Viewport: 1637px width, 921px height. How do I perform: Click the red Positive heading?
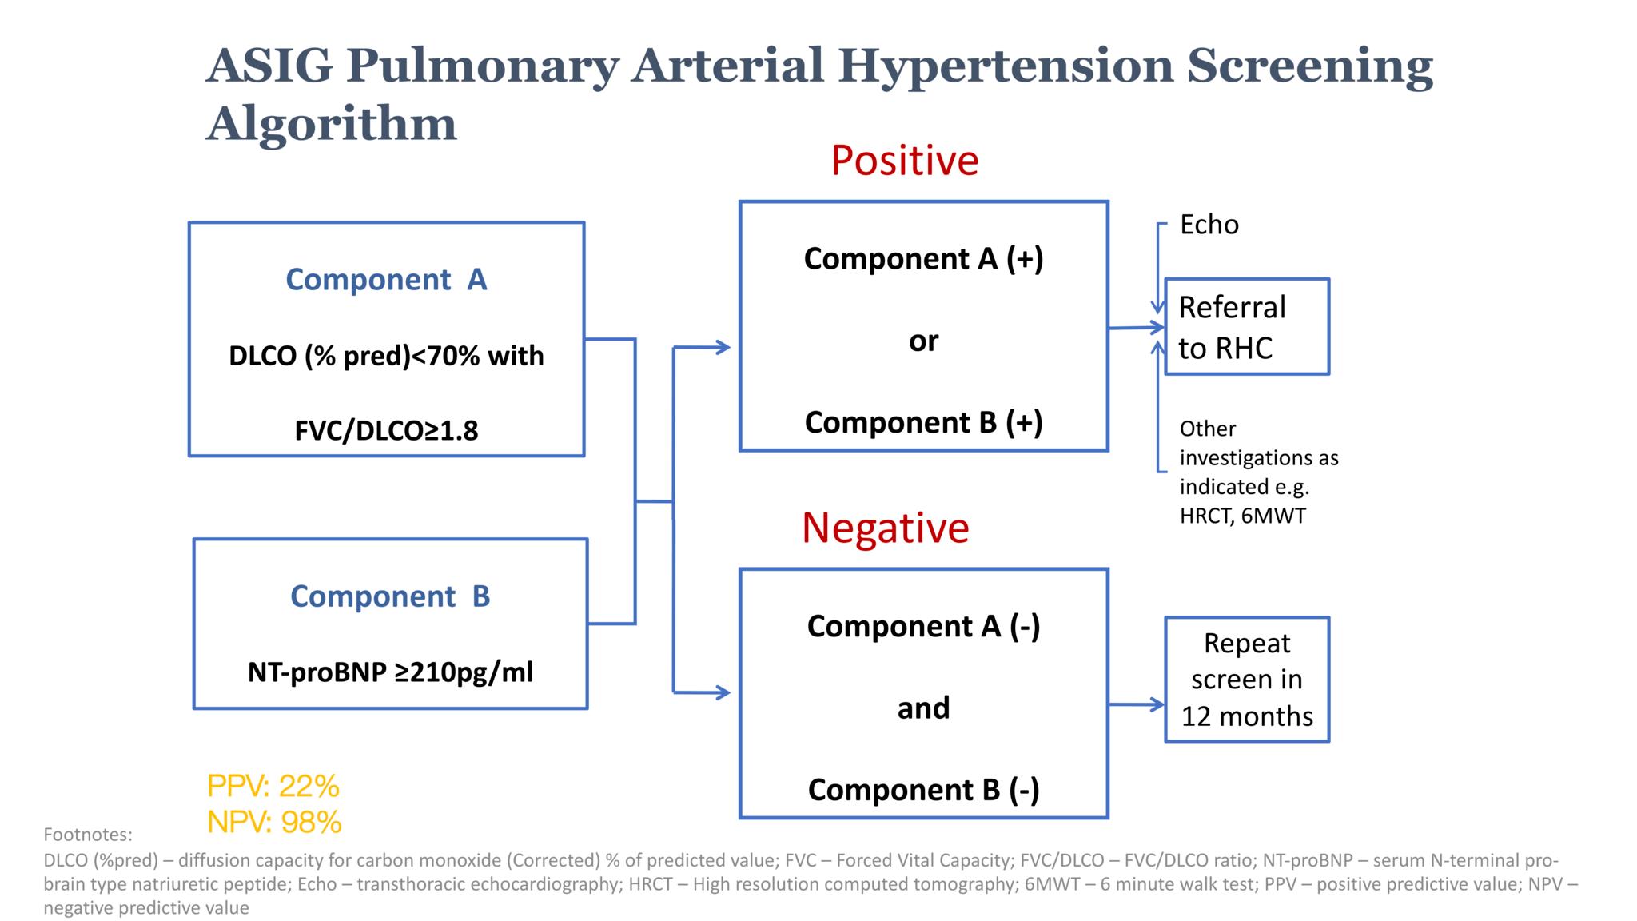click(x=904, y=160)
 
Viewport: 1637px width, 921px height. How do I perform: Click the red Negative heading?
click(x=885, y=528)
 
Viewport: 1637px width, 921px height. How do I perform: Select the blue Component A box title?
click(x=386, y=280)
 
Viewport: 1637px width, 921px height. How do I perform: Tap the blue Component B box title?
click(x=390, y=596)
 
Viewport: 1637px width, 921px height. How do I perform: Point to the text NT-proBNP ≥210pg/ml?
click(x=390, y=672)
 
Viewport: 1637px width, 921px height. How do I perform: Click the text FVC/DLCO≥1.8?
click(x=386, y=431)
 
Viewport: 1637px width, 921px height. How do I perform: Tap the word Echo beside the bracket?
click(x=1209, y=225)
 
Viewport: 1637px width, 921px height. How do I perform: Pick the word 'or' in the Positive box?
click(x=924, y=342)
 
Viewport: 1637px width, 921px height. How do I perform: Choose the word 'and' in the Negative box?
click(x=924, y=708)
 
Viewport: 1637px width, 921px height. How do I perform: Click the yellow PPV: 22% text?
click(x=273, y=787)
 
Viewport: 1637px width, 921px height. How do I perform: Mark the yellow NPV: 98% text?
click(x=274, y=822)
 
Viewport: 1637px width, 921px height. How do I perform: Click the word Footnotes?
click(x=88, y=835)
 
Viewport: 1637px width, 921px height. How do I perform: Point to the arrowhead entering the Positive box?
click(x=723, y=347)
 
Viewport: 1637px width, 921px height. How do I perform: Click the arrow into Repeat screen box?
click(x=1137, y=704)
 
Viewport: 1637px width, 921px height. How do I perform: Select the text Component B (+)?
click(x=924, y=423)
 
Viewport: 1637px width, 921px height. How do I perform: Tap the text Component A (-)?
click(x=924, y=627)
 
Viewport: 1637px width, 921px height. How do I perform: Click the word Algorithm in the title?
click(x=332, y=125)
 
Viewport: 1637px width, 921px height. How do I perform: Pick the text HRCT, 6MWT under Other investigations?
click(x=1243, y=516)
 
